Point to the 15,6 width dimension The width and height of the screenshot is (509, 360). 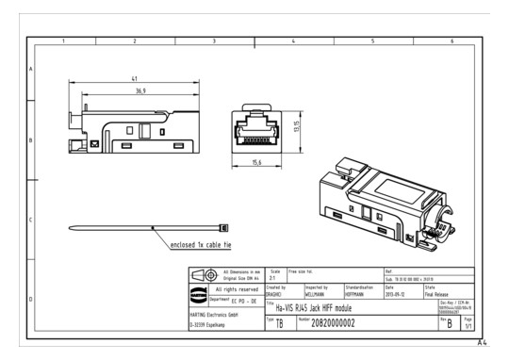[256, 163]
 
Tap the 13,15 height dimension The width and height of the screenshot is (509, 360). [297, 127]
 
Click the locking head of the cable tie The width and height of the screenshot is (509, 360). [224, 227]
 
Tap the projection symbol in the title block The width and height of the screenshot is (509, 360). [202, 274]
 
